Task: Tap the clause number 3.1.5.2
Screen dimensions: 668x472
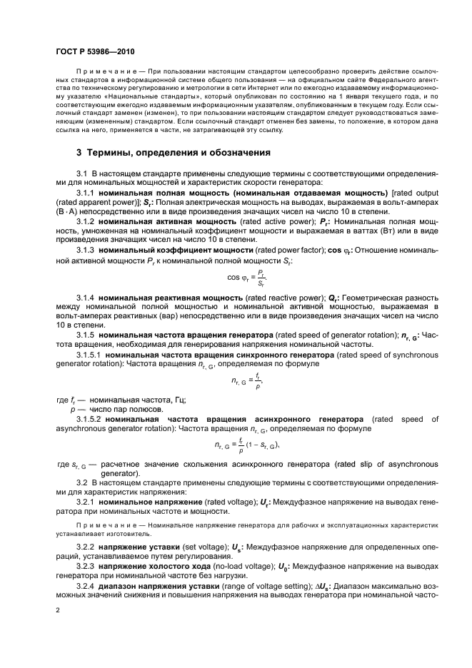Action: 89,419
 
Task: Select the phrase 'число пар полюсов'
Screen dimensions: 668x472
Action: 124,410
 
